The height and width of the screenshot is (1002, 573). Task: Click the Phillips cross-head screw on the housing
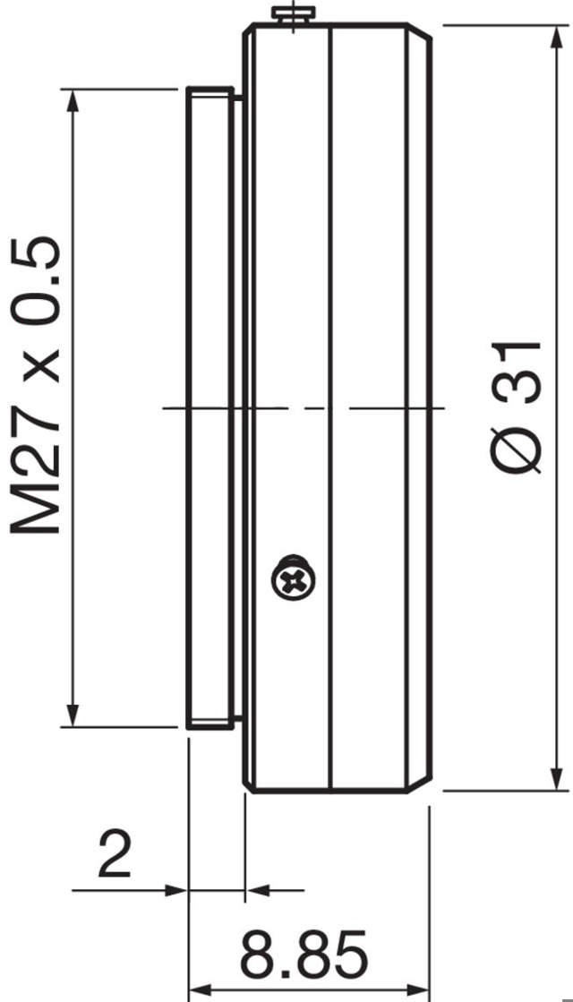294,580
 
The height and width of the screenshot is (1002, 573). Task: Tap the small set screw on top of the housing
295,15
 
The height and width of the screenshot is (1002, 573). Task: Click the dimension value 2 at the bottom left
115,854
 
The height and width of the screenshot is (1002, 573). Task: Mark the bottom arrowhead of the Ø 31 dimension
559,778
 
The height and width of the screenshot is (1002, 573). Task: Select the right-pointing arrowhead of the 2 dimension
176,890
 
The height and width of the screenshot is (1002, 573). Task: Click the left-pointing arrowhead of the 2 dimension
257,890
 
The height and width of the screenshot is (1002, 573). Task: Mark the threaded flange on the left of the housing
210,408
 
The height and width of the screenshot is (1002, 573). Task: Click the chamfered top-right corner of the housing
423,34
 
